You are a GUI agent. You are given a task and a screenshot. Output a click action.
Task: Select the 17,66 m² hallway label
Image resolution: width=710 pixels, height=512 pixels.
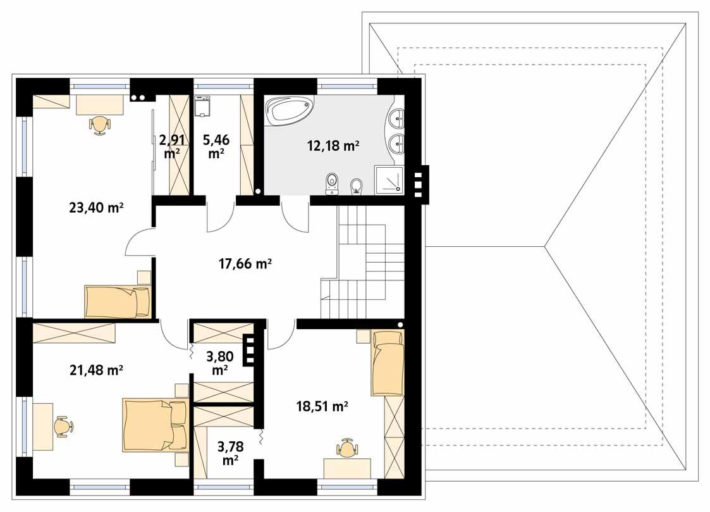[245, 265]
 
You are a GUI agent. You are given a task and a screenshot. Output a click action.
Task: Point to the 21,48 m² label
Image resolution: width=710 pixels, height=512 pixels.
[96, 370]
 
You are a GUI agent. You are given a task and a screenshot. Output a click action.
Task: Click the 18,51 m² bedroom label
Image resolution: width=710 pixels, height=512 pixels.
[322, 406]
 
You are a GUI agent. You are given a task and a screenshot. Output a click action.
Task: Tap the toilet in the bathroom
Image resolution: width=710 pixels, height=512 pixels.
[332, 184]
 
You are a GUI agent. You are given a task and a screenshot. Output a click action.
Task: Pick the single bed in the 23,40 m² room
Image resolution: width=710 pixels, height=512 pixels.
[118, 301]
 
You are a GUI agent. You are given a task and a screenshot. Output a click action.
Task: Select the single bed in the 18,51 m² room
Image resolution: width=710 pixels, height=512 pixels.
[387, 362]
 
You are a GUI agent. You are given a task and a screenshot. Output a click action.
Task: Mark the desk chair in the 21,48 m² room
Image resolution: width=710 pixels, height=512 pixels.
[62, 427]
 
